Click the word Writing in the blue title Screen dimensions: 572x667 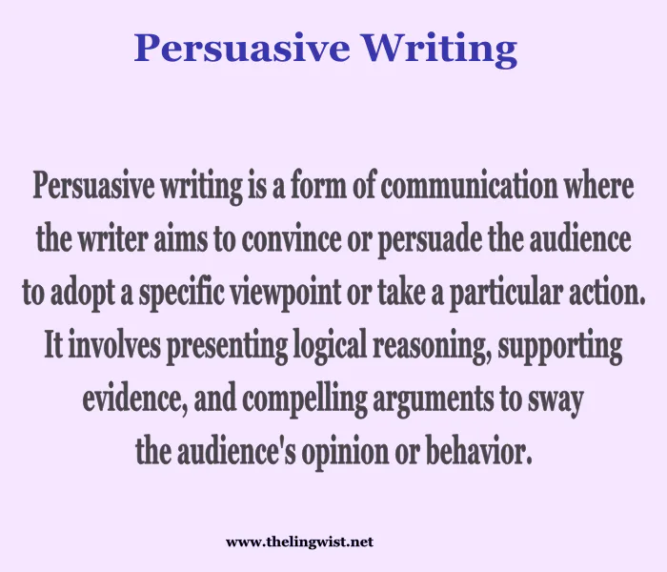[x=452, y=47]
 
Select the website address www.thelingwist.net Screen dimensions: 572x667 [x=299, y=541]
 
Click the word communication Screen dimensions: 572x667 [x=477, y=186]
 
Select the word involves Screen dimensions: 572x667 [x=115, y=345]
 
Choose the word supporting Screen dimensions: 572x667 [x=561, y=345]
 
